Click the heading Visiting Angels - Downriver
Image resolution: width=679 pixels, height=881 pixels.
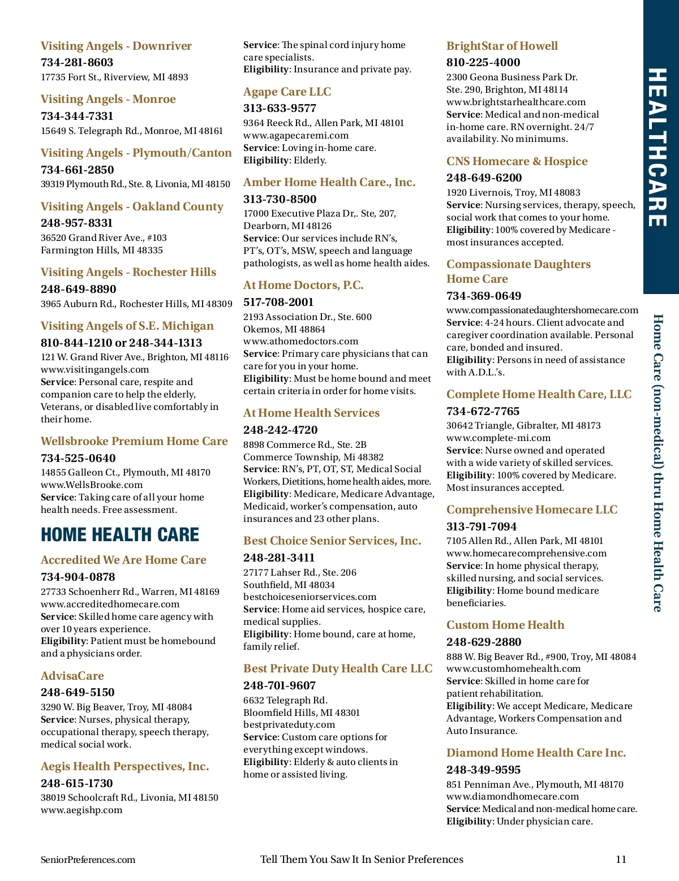(x=116, y=46)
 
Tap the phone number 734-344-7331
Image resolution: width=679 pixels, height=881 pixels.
(x=77, y=116)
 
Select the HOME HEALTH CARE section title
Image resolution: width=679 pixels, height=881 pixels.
(x=120, y=534)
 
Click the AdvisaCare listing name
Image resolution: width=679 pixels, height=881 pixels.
(x=72, y=676)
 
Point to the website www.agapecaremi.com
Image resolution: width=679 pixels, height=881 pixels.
(x=296, y=135)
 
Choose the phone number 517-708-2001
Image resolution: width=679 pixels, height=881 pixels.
(x=278, y=302)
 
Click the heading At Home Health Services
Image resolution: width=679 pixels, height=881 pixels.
(x=311, y=413)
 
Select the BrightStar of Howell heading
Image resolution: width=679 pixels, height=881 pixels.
(x=502, y=46)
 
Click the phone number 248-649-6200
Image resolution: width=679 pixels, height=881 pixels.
(x=484, y=178)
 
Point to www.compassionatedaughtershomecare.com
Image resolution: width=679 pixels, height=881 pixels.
(x=542, y=310)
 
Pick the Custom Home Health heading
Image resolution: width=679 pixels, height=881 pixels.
(x=505, y=625)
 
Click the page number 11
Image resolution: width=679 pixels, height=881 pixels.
(x=621, y=860)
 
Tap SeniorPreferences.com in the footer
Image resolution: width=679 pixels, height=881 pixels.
(x=88, y=860)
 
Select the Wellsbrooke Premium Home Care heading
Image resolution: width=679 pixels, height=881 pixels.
(x=134, y=441)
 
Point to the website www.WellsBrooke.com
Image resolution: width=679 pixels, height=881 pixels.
(x=92, y=485)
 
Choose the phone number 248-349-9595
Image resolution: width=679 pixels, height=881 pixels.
(x=483, y=770)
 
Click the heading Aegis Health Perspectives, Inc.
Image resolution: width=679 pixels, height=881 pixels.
(x=124, y=766)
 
